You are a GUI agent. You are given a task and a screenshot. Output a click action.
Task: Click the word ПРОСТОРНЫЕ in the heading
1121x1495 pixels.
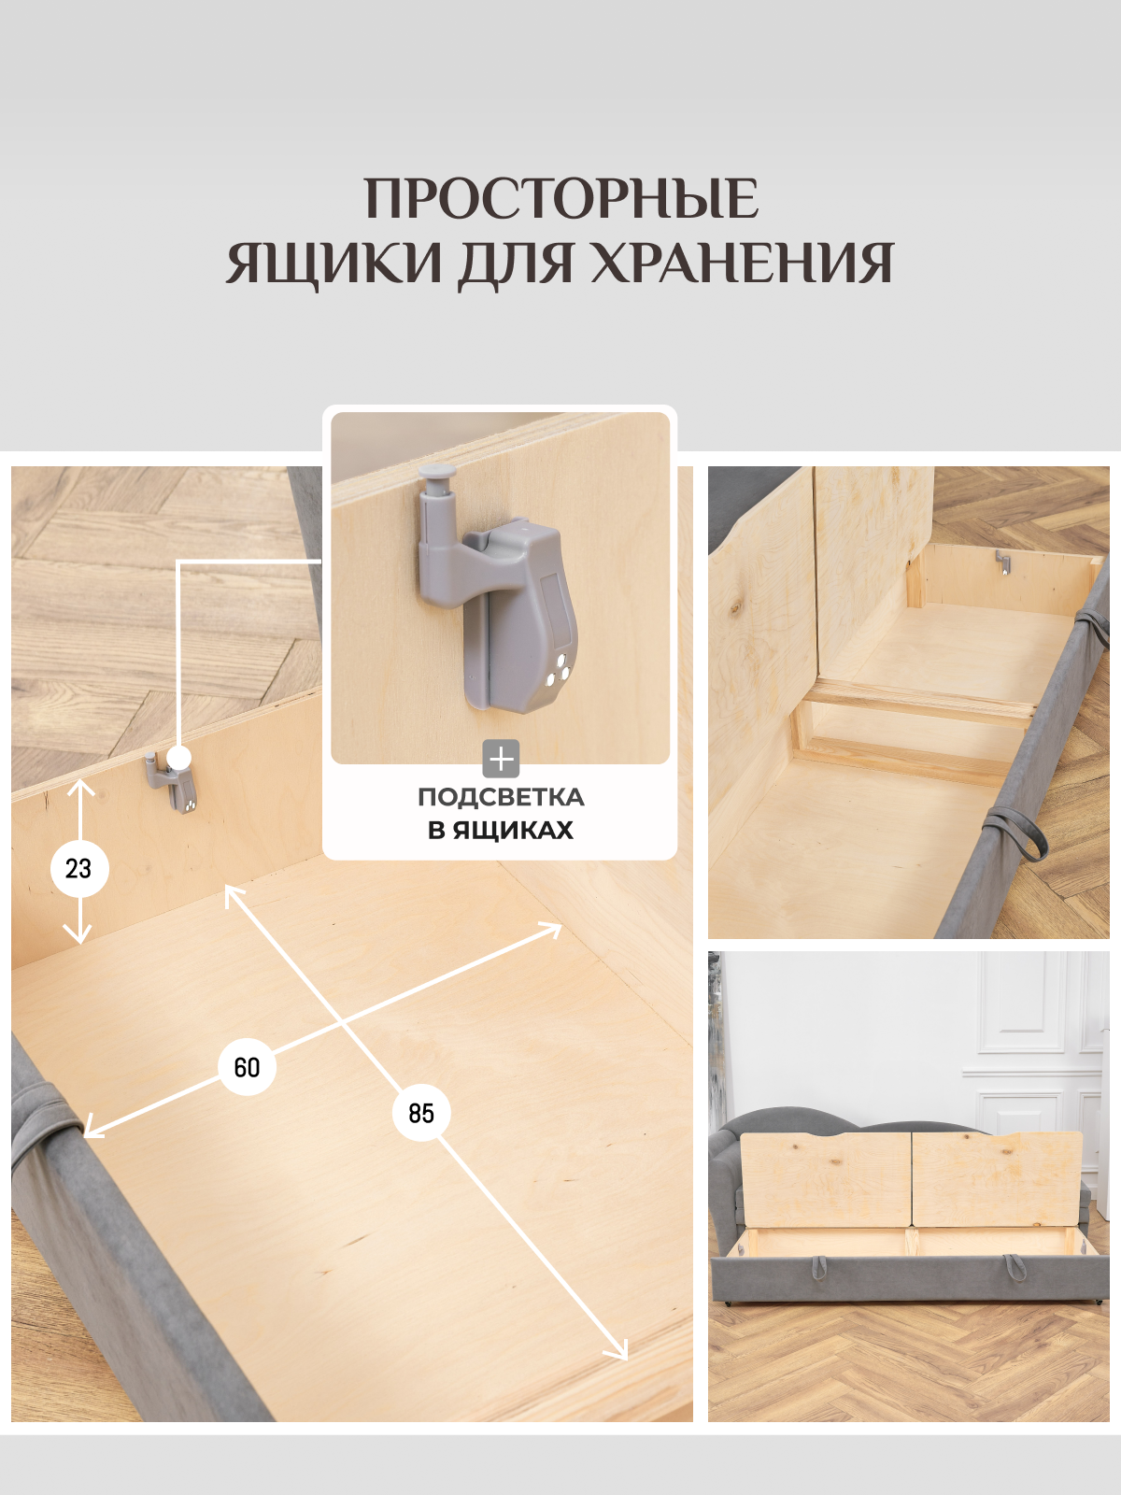(560, 199)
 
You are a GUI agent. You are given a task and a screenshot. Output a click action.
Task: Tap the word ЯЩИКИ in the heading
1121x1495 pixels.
(333, 263)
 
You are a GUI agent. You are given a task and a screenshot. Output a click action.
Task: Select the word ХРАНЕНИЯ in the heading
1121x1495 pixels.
(743, 263)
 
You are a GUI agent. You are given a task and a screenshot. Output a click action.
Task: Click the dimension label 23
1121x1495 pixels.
(79, 869)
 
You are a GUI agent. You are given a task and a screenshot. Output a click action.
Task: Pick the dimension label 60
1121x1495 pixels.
(247, 1067)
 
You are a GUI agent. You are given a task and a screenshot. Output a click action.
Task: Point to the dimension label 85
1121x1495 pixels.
(421, 1113)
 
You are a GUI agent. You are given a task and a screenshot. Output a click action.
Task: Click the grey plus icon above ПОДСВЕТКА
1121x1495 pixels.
(501, 759)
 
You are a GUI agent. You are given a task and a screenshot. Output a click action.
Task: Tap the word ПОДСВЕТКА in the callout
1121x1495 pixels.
(501, 797)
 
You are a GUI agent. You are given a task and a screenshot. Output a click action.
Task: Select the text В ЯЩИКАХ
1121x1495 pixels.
(501, 830)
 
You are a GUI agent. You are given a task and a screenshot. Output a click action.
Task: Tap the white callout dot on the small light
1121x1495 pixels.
(179, 758)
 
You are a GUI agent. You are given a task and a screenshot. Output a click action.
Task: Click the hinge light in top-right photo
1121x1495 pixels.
(1002, 562)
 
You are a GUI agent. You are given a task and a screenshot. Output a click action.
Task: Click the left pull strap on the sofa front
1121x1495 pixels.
(819, 1268)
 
